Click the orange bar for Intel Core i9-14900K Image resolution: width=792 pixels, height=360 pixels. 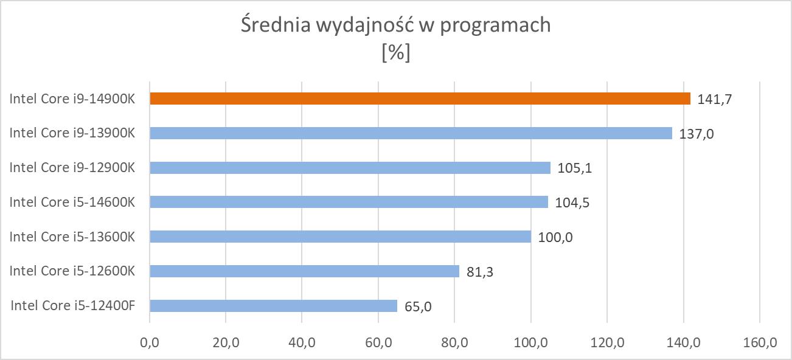420,99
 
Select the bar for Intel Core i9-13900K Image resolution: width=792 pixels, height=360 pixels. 411,133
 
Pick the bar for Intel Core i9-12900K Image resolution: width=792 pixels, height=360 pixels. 350,168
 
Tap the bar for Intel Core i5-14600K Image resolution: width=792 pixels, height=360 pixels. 349,202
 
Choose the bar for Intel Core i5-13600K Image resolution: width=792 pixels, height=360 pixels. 340,237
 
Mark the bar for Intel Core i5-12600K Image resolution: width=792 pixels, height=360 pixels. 304,271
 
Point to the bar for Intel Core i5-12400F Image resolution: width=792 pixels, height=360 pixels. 273,306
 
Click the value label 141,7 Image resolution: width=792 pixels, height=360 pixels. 714,99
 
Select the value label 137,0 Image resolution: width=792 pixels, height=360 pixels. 696,133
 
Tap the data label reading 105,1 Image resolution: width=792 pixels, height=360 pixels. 574,168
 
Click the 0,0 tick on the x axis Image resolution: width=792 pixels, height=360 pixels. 150,343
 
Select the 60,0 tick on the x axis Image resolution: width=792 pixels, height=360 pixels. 378,343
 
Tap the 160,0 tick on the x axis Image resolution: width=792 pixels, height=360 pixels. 760,343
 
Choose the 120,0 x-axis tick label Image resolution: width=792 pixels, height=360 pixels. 607,343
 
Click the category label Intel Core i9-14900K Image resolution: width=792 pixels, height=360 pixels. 72,99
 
